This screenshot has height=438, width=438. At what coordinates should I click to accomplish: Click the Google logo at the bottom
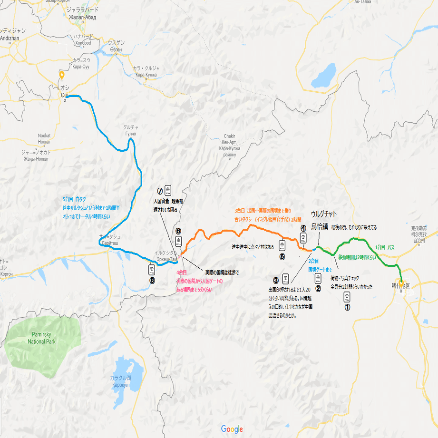coord(232,429)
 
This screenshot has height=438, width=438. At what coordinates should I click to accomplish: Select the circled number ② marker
coord(318,287)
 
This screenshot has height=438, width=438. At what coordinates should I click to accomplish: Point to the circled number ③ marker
coord(275,280)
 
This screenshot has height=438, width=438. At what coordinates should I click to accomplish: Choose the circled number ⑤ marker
coord(282,257)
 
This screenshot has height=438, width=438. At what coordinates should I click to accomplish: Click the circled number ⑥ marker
coord(178,231)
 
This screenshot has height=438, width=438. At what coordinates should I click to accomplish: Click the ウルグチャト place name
coord(326,214)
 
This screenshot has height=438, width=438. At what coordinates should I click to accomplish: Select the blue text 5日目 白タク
coord(74,200)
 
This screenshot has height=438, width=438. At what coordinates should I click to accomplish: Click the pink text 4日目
coord(181,273)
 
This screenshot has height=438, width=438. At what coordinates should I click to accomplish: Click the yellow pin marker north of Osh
coord(61,75)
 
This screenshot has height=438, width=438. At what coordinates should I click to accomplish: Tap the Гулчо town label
coord(130,134)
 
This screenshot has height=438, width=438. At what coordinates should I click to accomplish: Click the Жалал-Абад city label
coord(83,18)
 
